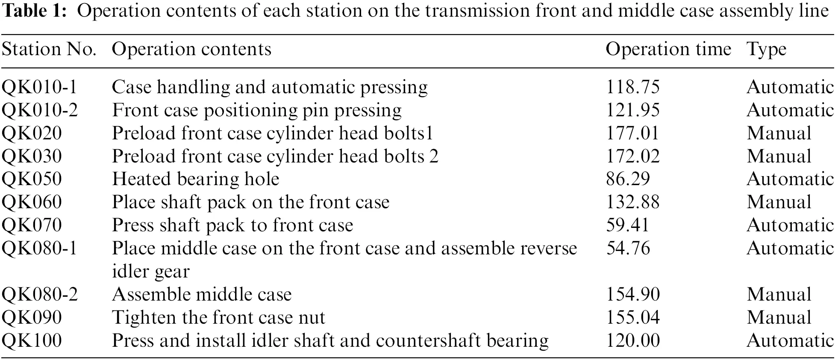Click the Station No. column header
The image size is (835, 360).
pos(49,50)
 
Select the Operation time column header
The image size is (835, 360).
pos(668,50)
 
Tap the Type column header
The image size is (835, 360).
pos(767,50)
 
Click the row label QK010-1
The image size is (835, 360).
pos(39,87)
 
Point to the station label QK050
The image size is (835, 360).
pos(32,179)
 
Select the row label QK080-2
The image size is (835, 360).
pos(40,295)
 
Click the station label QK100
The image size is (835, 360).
pos(32,341)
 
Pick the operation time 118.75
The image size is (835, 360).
pos(633,87)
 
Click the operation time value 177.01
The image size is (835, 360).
pos(632,133)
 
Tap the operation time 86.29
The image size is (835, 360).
pos(628,179)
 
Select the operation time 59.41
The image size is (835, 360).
pos(627,225)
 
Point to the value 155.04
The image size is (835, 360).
pos(633,318)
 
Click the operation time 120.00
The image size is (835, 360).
pos(633,341)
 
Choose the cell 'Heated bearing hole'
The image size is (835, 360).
pos(195,179)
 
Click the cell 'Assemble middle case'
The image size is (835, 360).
pos(202,295)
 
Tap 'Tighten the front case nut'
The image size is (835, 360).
pos(218,318)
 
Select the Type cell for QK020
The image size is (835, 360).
pos(779,133)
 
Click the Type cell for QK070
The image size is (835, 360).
pos(790,225)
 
